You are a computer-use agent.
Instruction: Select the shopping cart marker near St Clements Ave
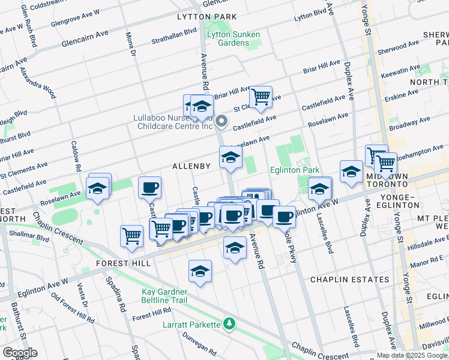pyautogui.click(x=261, y=97)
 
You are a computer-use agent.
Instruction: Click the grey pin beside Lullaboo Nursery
pyautogui.click(x=221, y=122)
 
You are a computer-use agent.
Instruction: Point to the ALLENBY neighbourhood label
pyautogui.click(x=191, y=166)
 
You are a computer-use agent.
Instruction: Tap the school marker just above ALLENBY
pyautogui.click(x=231, y=158)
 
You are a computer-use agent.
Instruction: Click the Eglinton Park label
pyautogui.click(x=294, y=170)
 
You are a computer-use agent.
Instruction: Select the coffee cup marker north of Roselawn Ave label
pyautogui.click(x=149, y=187)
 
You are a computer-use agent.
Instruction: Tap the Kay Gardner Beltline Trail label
pyautogui.click(x=165, y=295)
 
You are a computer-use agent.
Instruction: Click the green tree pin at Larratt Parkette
pyautogui.click(x=228, y=325)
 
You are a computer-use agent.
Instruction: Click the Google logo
pyautogui.click(x=19, y=353)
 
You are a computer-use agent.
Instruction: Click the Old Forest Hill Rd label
pyautogui.click(x=72, y=308)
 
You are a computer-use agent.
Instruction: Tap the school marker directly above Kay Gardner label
pyautogui.click(x=200, y=271)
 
